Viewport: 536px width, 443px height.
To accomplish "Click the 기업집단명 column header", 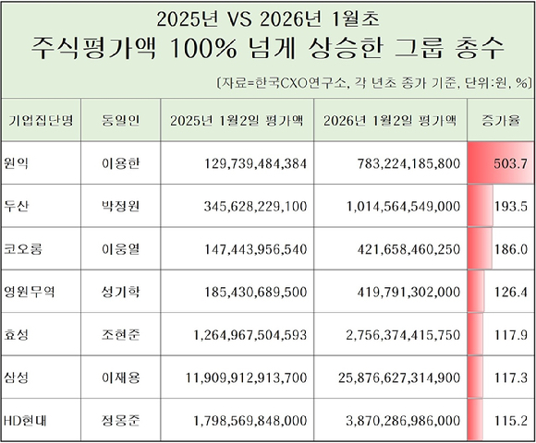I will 41,120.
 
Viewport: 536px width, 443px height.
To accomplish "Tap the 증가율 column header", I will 500,120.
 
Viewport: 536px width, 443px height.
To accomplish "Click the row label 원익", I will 19,162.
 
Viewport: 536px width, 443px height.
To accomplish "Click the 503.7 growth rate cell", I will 500,163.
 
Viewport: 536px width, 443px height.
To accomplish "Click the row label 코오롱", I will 26,248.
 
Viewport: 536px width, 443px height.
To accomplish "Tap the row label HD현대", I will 29,420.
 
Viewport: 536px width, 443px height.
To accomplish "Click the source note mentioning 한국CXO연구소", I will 370,80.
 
